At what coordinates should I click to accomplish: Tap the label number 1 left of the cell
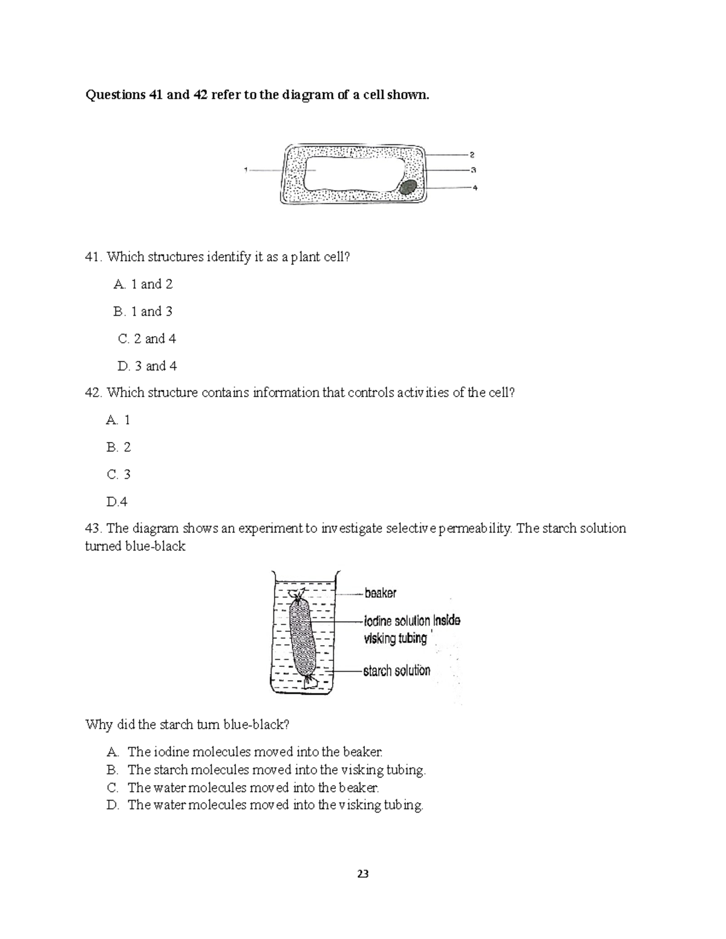[x=246, y=170]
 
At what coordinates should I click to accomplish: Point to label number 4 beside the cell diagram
[x=475, y=188]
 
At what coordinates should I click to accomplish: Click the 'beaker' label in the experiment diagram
[x=380, y=593]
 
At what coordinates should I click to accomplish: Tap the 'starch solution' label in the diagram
[x=396, y=671]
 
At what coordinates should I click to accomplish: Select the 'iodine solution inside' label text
[x=411, y=621]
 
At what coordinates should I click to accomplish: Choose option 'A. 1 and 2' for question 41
[x=143, y=284]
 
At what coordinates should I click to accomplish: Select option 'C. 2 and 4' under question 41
[x=146, y=339]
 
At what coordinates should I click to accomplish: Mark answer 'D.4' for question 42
[x=117, y=501]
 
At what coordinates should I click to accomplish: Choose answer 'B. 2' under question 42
[x=118, y=447]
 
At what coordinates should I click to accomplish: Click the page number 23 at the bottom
[x=363, y=874]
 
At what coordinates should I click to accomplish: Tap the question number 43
[x=93, y=528]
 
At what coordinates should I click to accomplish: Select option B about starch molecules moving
[x=266, y=770]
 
